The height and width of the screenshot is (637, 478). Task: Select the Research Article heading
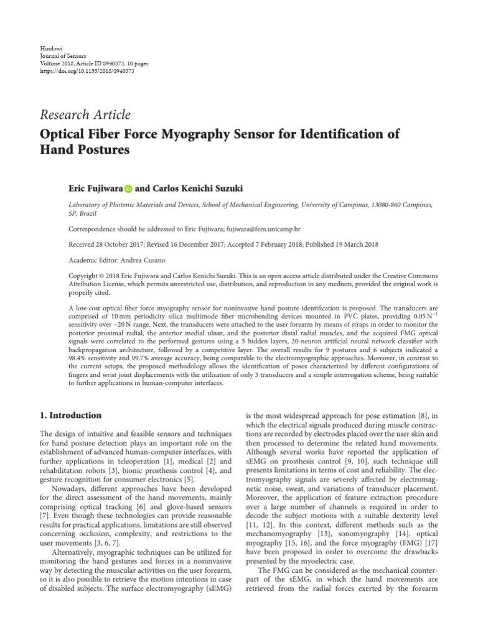pyautogui.click(x=85, y=114)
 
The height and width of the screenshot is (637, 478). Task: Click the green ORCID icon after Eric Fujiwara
pyautogui.click(x=129, y=187)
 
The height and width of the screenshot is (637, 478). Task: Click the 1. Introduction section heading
pyautogui.click(x=70, y=415)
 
